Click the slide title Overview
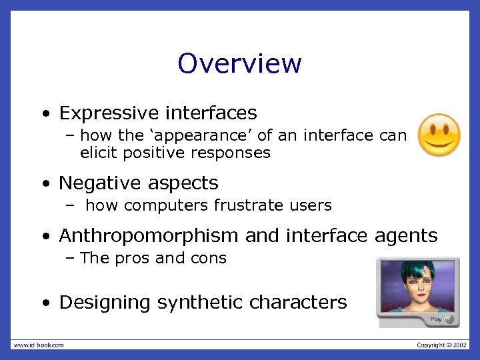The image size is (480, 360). point(239,64)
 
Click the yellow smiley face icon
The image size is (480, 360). point(439,135)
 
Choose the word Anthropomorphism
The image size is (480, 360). point(149,235)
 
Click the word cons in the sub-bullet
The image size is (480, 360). point(211,258)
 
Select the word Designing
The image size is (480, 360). point(105,303)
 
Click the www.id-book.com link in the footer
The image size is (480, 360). point(39,345)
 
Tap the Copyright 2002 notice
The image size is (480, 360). point(441,345)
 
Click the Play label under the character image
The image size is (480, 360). point(435,319)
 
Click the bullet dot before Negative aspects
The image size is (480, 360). point(45,183)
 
